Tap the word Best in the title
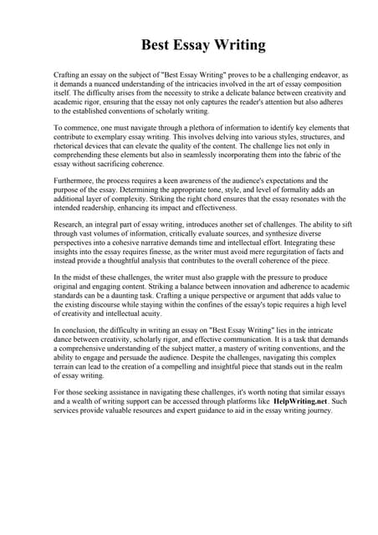click(x=155, y=45)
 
